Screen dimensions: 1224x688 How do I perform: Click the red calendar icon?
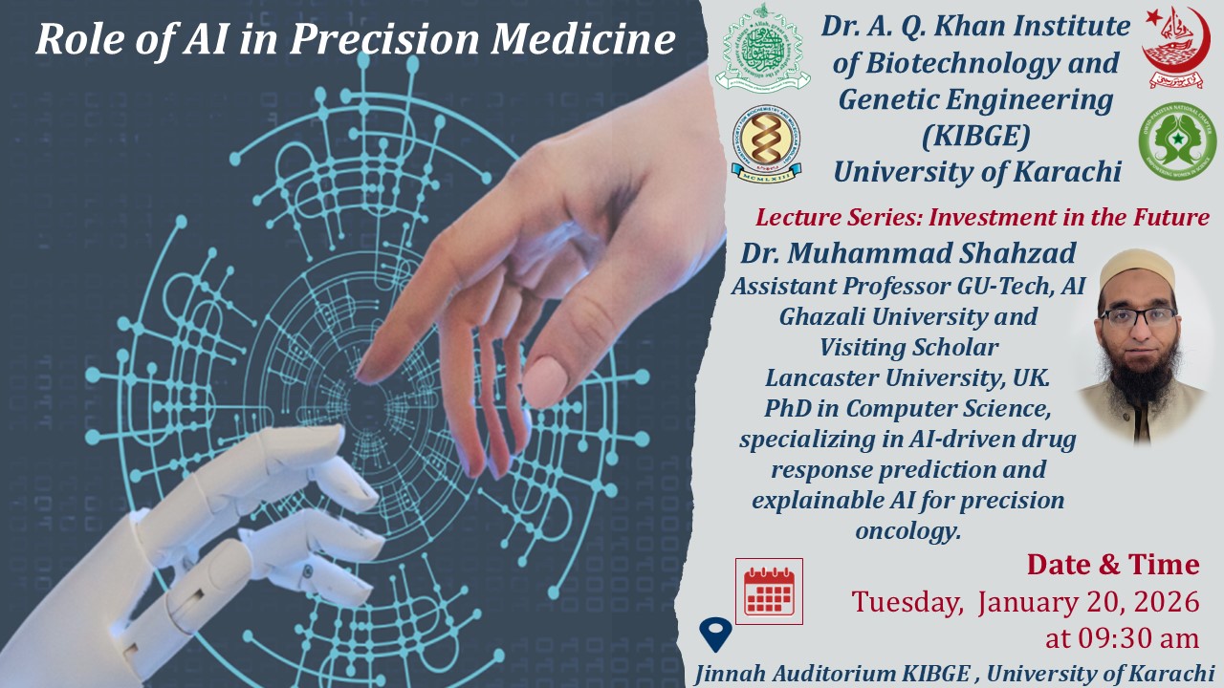(x=769, y=591)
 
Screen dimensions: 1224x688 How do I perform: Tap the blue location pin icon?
(x=715, y=634)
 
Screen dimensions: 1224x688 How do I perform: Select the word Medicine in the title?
(x=583, y=39)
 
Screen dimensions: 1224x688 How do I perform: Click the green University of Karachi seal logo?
(x=762, y=48)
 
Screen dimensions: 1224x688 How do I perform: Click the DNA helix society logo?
(x=766, y=143)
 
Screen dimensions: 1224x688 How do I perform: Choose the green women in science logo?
(x=1177, y=140)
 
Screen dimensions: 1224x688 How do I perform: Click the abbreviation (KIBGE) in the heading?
(x=975, y=136)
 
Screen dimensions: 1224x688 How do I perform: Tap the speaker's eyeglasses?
(x=1138, y=316)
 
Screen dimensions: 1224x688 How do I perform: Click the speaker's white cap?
(x=1138, y=270)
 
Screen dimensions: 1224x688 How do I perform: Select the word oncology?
(x=907, y=530)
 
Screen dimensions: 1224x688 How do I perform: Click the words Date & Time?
(x=1113, y=564)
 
